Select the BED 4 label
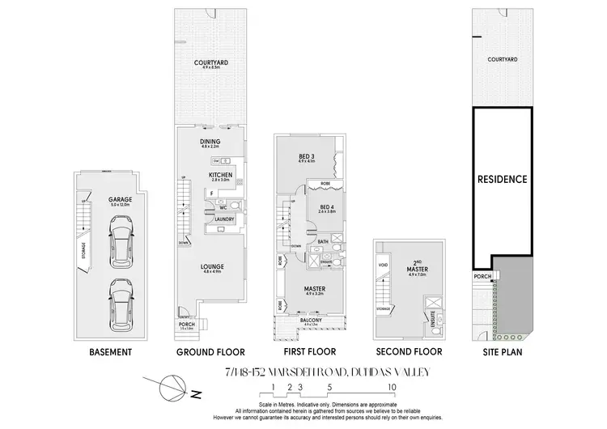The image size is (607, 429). coord(327,207)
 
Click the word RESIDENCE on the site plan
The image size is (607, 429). coord(502,179)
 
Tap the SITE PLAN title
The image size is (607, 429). coord(501,353)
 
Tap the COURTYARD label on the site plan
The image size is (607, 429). coord(501,60)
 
